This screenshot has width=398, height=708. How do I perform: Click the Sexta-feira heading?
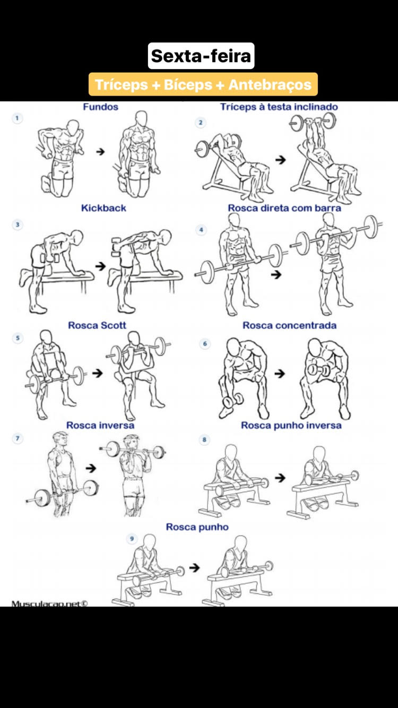pos(201,56)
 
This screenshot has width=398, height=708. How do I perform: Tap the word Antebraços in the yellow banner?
pos(270,85)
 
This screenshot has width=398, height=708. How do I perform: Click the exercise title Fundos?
pos(100,107)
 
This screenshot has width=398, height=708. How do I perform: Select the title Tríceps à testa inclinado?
pos(279,107)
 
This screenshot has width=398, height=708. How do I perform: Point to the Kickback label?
pos(103,208)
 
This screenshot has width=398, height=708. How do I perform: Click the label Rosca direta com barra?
pos(284,208)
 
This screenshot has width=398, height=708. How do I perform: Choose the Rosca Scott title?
pos(97,325)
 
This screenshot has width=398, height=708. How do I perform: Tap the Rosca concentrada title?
pos(290,325)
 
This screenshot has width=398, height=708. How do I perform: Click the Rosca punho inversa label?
pos(291,425)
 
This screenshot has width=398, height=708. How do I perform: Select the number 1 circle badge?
pos(17,118)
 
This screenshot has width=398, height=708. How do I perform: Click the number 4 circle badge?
pos(201,230)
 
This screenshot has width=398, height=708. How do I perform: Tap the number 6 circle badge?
pos(205,344)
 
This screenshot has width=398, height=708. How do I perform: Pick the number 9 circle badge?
pos(132,539)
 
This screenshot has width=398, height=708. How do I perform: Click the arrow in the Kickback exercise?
pos(100,266)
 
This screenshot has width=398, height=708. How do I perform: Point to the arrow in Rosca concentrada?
pos(280,374)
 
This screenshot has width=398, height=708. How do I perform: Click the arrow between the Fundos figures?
pos(100,152)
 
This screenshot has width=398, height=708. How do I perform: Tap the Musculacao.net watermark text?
pos(49,603)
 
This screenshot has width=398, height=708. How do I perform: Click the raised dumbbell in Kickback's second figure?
pos(115,247)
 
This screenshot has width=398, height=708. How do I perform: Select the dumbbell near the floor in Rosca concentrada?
pos(233,400)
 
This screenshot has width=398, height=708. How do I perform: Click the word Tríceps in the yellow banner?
pos(122,85)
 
